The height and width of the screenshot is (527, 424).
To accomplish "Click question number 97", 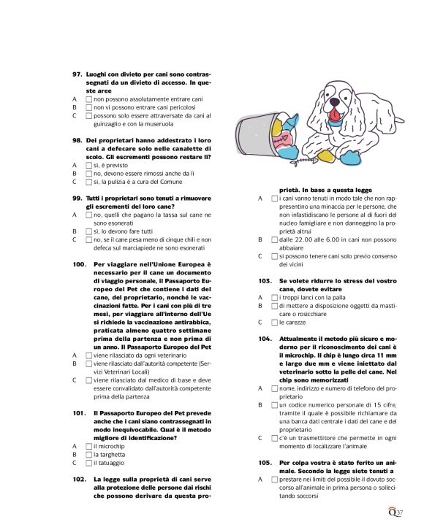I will (x=76, y=74).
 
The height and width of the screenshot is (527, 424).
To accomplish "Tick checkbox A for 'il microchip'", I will (x=88, y=446).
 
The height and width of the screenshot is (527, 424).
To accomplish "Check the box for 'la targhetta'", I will (x=88, y=454).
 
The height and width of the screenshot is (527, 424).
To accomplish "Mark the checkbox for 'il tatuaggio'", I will (x=88, y=462).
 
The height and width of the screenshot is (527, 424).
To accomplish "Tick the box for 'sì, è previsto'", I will (x=88, y=165).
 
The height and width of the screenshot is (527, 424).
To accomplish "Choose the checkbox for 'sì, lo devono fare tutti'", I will (x=88, y=230).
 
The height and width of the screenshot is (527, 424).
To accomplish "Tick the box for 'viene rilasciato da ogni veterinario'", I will (x=88, y=355).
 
